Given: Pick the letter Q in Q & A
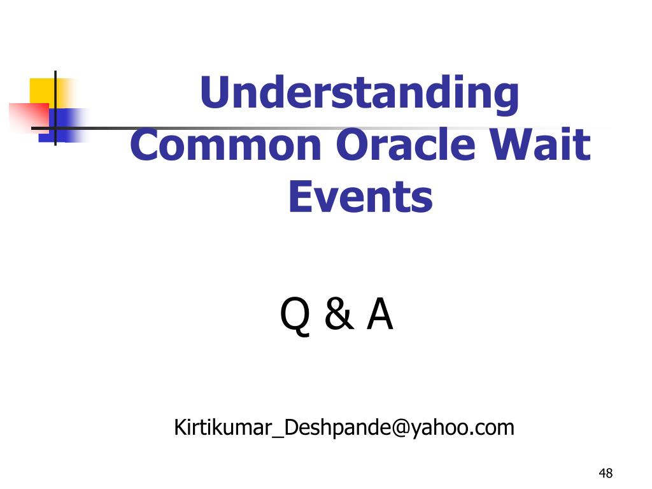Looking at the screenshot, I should point(295,317).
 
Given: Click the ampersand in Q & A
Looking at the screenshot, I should point(338,317).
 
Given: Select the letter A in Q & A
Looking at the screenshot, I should point(380,316).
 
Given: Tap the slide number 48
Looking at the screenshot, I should point(606,473).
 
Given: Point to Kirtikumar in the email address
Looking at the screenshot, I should point(223,428).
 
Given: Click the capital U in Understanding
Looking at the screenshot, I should point(213,93).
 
